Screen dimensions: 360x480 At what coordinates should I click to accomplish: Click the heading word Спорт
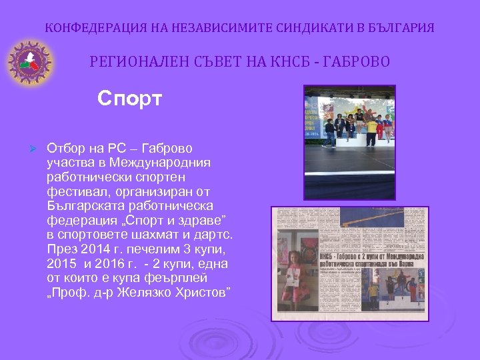[x=129, y=99]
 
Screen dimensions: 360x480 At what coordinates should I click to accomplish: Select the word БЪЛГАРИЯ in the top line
[x=400, y=28]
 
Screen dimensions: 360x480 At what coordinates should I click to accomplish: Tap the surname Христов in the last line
[x=197, y=291]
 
